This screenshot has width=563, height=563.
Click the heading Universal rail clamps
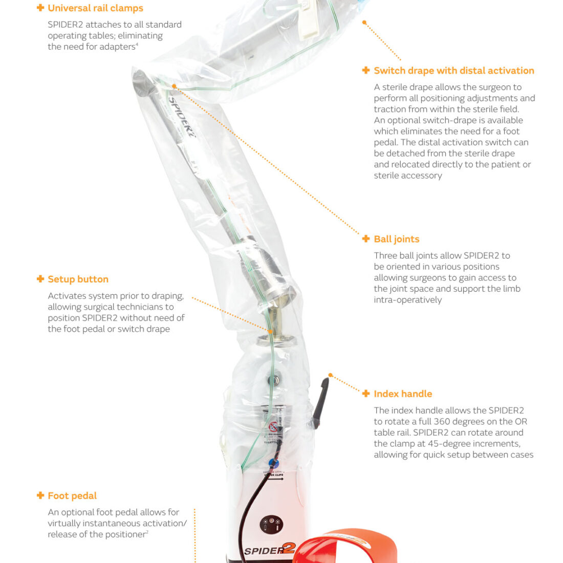(x=96, y=8)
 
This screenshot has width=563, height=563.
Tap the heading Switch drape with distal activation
(x=454, y=71)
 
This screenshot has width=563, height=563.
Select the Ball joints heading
(x=396, y=239)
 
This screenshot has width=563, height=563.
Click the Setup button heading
(x=78, y=279)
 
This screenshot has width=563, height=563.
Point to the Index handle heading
(x=403, y=394)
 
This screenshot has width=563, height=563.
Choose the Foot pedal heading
(x=72, y=496)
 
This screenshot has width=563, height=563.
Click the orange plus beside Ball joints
(x=366, y=239)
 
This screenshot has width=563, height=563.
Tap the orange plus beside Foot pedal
(x=40, y=495)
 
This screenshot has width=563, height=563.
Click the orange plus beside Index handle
(x=366, y=394)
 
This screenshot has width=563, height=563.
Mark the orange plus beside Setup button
(x=40, y=279)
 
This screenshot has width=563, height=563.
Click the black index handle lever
(x=320, y=402)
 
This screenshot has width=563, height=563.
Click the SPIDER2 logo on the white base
(x=269, y=550)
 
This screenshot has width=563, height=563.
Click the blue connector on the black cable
(x=274, y=463)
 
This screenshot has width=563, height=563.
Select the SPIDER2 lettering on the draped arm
(x=182, y=117)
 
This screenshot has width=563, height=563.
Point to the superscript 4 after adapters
(x=137, y=45)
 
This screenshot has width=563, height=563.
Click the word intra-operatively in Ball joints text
(x=408, y=300)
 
